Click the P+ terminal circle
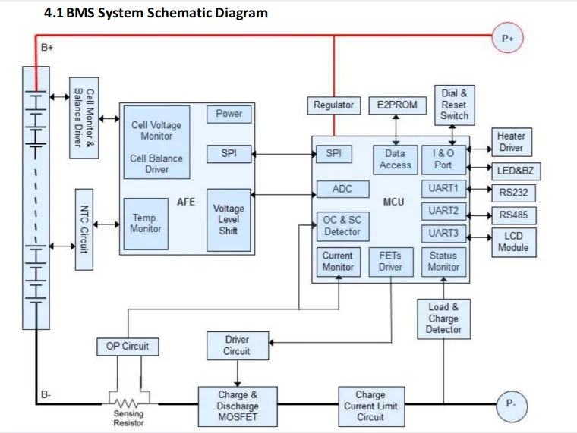507,38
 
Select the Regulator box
333,105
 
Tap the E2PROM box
396,105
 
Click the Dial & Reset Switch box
454,105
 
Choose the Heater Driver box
511,141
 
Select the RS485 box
513,215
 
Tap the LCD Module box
513,241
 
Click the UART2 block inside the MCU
443,211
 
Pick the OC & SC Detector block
342,226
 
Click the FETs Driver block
390,262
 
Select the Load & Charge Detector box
443,318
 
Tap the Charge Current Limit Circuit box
370,406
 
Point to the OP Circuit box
128,347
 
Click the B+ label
47,48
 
